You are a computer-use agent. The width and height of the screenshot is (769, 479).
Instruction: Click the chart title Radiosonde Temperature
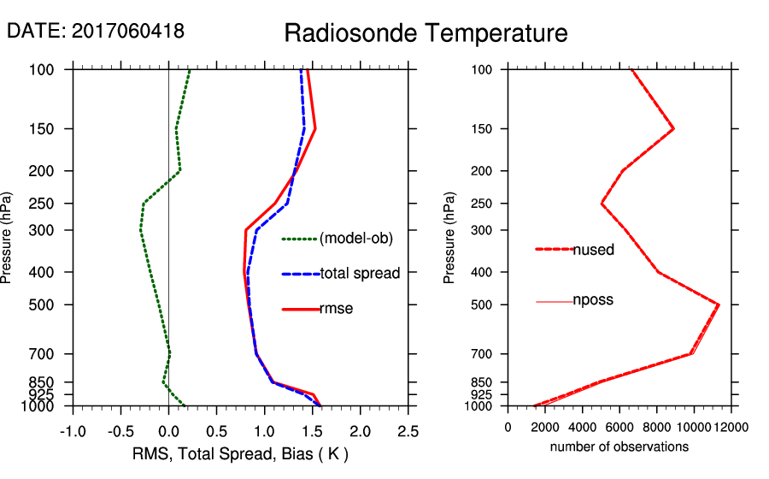(426, 33)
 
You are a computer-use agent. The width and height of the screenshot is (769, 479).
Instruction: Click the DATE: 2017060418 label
(96, 31)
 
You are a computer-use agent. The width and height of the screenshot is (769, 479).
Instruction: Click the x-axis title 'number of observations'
(619, 446)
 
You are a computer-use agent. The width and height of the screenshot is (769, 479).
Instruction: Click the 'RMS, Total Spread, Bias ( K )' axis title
(240, 454)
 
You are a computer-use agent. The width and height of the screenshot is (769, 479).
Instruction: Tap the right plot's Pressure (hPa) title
(450, 237)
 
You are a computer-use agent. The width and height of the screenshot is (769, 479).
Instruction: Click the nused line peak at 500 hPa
(719, 305)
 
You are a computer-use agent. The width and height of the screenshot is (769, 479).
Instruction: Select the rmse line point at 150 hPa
(315, 129)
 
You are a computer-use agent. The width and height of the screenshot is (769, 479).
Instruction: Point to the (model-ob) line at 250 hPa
(144, 204)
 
